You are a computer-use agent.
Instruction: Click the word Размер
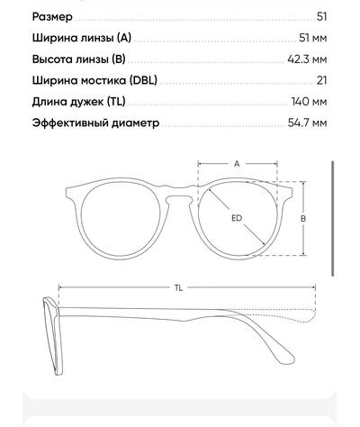pos(52,17)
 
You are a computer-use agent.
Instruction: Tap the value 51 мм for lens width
pos(312,38)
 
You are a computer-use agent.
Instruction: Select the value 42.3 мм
pos(307,59)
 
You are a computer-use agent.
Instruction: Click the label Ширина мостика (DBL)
pos(94,80)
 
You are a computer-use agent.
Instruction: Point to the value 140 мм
pos(309,102)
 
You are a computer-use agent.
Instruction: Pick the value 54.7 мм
pos(307,123)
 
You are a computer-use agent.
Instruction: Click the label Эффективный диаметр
pos(95,123)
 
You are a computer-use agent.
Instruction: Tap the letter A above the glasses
pos(237,164)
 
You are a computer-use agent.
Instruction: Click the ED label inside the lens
pos(237,218)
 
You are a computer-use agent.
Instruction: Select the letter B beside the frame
pos(303,218)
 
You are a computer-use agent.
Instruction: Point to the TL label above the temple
pos(178,287)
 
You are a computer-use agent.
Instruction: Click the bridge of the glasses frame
pos(179,192)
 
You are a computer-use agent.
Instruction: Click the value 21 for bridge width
pos(321,80)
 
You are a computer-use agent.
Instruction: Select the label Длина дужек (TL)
pos(78,102)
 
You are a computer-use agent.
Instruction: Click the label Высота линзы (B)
pos(78,59)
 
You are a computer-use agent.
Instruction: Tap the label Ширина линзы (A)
pos(82,38)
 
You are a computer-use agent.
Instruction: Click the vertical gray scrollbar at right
pos(333,218)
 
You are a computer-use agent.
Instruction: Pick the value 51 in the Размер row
pos(321,17)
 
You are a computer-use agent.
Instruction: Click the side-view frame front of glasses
pos(53,336)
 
